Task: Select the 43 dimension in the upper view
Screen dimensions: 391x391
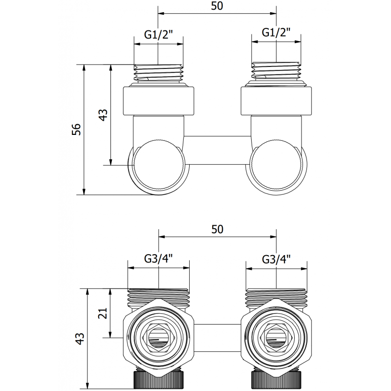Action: pyautogui.click(x=103, y=115)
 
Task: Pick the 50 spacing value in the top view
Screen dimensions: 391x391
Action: pyautogui.click(x=217, y=6)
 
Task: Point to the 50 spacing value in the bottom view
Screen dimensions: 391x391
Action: pyautogui.click(x=217, y=229)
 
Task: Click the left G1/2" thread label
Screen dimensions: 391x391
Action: pyautogui.click(x=159, y=35)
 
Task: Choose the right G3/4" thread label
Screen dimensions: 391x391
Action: pyautogui.click(x=276, y=259)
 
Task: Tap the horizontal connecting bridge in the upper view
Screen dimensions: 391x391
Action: pyautogui.click(x=217, y=143)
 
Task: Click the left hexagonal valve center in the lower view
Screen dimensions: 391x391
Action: pyautogui.click(x=158, y=337)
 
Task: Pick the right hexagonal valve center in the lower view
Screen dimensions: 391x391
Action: pyautogui.click(x=276, y=337)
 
